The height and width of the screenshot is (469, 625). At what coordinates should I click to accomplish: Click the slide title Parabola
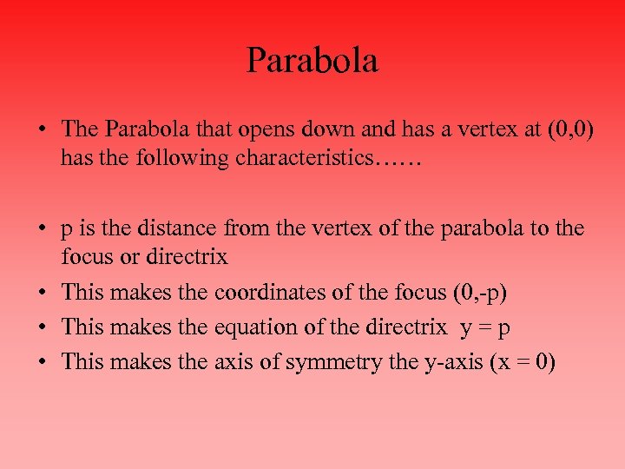pyautogui.click(x=312, y=62)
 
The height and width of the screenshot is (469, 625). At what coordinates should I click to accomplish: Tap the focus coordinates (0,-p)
pyautogui.click(x=480, y=292)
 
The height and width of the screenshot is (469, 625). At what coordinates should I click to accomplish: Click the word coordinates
pyautogui.click(x=277, y=292)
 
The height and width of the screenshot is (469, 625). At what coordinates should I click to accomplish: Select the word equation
pyautogui.click(x=255, y=327)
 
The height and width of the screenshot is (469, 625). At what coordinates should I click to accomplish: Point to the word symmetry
pyautogui.click(x=326, y=361)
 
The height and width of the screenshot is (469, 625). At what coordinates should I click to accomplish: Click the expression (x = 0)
pyautogui.click(x=521, y=361)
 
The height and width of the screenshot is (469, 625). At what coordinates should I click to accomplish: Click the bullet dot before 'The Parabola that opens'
pyautogui.click(x=42, y=130)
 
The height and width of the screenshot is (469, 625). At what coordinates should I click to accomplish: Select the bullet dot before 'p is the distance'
pyautogui.click(x=42, y=229)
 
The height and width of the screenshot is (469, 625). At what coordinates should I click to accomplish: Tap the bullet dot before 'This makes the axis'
pyautogui.click(x=42, y=362)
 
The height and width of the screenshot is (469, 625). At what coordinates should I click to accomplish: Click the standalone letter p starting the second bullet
pyautogui.click(x=67, y=231)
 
